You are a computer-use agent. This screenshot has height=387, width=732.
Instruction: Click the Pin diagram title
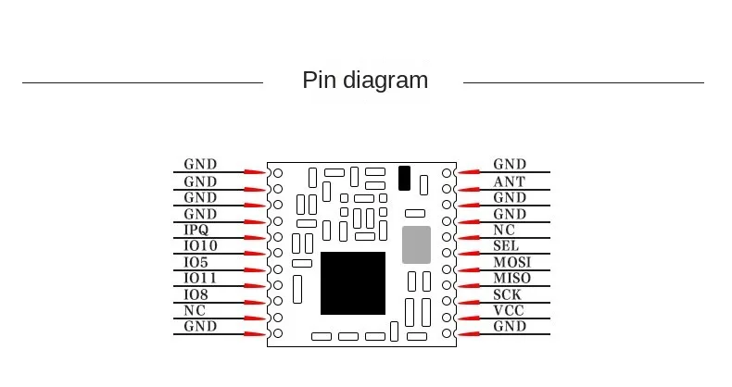pos(365,81)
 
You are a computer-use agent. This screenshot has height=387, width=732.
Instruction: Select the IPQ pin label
pos(196,230)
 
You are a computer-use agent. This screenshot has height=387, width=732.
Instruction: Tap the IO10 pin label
pos(200,245)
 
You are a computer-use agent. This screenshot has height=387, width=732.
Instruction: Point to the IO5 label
pos(196,262)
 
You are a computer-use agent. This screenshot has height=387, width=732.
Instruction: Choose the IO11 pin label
pos(200,278)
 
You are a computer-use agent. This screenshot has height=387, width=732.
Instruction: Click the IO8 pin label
pos(196,294)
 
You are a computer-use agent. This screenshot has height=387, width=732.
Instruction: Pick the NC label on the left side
pos(195,310)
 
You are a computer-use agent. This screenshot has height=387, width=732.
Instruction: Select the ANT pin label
pos(509,181)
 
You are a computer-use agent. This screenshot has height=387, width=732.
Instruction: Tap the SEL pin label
pos(506,246)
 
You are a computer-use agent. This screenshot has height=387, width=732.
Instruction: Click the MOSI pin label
pos(511,262)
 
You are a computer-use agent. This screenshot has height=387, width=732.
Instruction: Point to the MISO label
pos(511,279)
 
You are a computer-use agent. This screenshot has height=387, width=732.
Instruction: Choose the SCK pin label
pos(507,294)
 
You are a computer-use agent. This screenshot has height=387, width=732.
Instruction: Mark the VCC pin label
pos(509,311)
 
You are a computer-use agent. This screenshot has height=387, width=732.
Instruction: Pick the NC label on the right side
pos(504,230)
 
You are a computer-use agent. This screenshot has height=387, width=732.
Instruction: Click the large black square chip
pos(353,283)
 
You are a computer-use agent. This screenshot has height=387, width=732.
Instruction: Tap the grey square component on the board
pos(417,244)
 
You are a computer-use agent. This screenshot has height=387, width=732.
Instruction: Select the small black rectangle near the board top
pos(404,178)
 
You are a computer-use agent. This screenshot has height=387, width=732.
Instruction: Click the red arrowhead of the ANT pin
pos(469,188)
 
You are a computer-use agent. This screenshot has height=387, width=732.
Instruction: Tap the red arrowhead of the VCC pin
pos(469,318)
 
